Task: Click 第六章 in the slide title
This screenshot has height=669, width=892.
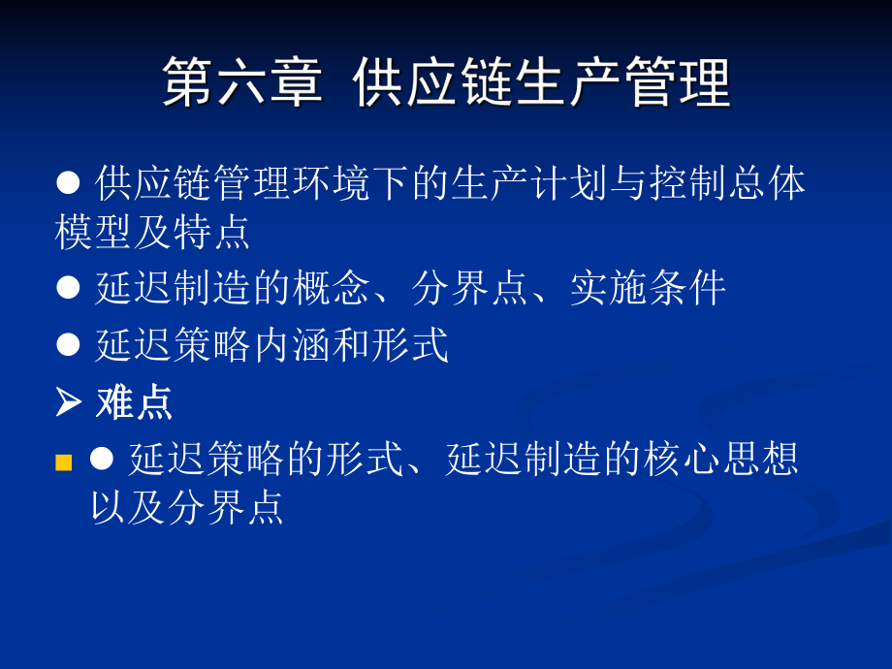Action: pos(240,82)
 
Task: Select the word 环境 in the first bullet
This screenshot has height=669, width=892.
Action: pos(332,182)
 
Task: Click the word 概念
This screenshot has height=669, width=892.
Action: pos(332,289)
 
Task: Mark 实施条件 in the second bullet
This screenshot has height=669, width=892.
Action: pos(648,289)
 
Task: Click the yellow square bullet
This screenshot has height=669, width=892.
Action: pos(64,462)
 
